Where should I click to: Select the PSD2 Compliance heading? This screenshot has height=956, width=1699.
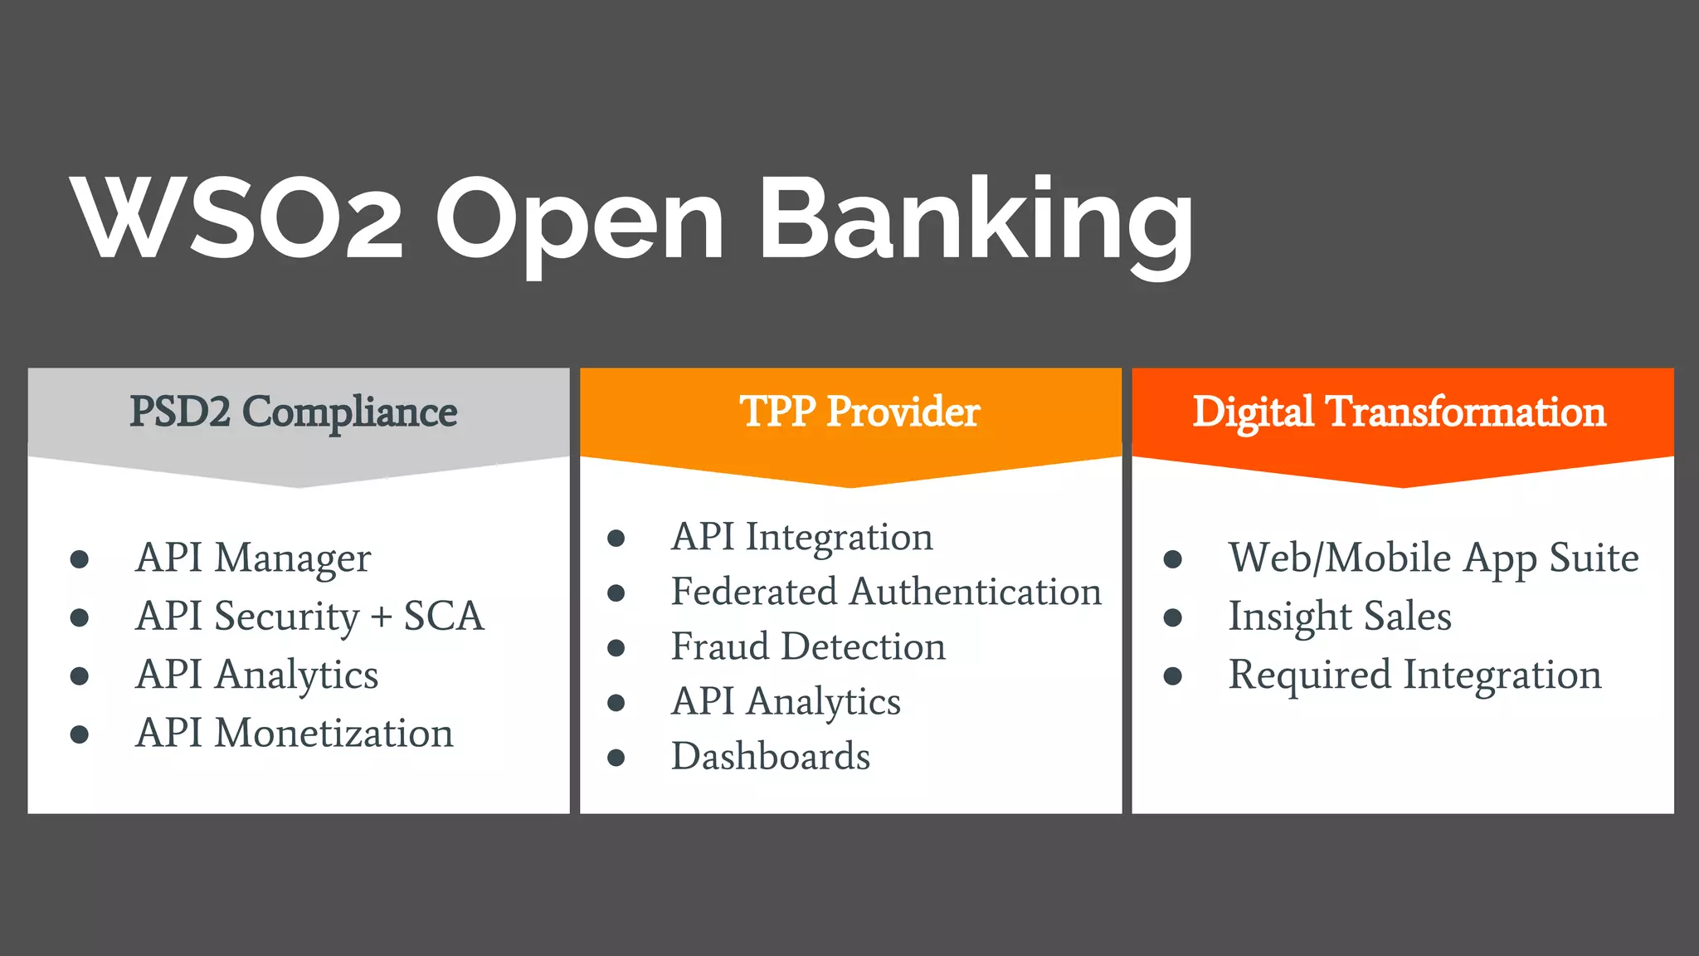tap(293, 412)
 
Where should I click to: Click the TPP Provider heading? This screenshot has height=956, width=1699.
tap(859, 412)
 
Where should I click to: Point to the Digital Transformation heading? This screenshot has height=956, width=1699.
tap(1399, 412)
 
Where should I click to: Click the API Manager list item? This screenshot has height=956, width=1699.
tap(253, 558)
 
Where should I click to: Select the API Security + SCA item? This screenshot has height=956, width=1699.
tap(309, 617)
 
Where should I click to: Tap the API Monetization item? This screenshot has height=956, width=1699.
tap(295, 734)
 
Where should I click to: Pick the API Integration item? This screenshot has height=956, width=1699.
tap(801, 537)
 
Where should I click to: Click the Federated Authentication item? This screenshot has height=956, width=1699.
tap(886, 592)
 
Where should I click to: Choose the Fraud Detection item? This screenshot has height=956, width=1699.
tap(808, 646)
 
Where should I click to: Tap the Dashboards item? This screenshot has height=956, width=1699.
tap(771, 757)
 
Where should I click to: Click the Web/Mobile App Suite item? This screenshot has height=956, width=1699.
tap(1433, 558)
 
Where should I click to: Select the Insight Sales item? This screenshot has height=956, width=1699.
tap(1340, 617)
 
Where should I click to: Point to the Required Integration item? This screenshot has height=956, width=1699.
tap(1414, 675)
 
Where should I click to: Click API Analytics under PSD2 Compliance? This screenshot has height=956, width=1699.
tap(257, 675)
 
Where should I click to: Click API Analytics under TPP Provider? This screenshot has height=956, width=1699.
tap(786, 702)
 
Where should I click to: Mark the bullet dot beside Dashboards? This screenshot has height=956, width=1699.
tap(616, 757)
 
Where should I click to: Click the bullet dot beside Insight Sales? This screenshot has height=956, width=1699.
tap(1172, 617)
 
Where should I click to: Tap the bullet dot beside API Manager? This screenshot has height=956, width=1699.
tap(80, 558)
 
